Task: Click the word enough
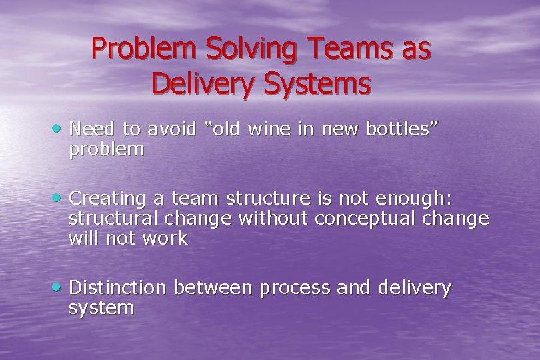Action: (x=415, y=199)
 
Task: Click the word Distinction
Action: (x=117, y=288)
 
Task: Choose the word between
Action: (x=213, y=288)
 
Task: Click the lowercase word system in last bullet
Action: (x=101, y=308)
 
